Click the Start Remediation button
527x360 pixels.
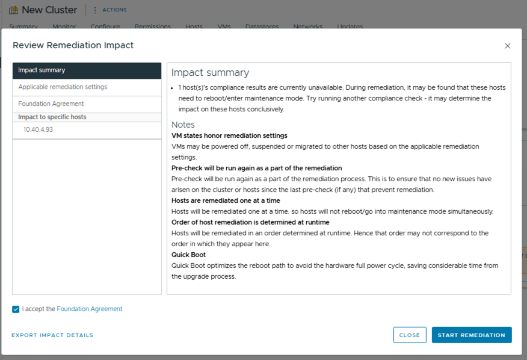(471, 335)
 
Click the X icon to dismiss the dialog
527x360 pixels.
(507, 46)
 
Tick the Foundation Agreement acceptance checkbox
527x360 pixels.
(16, 309)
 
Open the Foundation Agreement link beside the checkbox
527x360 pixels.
(89, 309)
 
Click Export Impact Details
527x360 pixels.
(52, 335)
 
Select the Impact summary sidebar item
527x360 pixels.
(87, 70)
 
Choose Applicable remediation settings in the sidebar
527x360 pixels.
(63, 87)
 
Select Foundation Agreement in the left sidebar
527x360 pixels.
(51, 104)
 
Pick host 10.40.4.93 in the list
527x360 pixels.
(39, 129)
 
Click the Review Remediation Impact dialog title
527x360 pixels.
(73, 45)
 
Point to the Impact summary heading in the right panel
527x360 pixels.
(210, 73)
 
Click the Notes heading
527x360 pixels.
(183, 125)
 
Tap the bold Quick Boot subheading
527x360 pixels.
(188, 255)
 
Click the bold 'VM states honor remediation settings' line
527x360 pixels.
(229, 135)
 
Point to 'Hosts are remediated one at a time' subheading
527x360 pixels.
(226, 200)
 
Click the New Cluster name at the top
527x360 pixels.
(49, 10)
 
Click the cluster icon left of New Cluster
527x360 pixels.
(13, 10)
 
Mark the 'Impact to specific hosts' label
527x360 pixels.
(52, 117)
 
